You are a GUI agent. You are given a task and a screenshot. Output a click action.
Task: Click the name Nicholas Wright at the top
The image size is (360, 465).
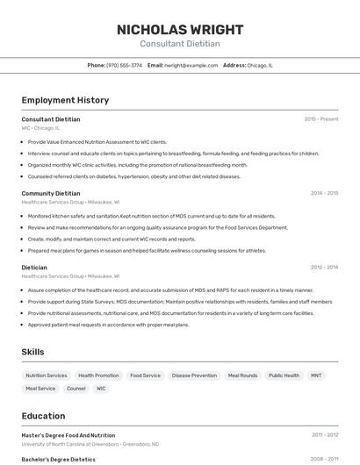[x=180, y=29]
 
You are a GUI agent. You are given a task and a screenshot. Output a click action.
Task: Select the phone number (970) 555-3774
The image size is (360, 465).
[x=124, y=65]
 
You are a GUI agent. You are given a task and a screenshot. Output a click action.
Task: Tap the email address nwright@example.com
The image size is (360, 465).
[x=191, y=65]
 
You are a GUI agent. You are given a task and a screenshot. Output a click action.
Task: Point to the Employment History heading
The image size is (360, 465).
[x=65, y=100]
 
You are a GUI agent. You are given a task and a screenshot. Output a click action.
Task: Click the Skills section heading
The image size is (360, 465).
[x=33, y=352]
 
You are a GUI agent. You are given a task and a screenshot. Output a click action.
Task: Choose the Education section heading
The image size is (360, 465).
[x=43, y=416]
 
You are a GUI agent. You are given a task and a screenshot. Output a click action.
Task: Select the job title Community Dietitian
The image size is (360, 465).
[x=51, y=193]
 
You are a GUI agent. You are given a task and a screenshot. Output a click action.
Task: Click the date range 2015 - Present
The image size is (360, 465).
[x=321, y=118]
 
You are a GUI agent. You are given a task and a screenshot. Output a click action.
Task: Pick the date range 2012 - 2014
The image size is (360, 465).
[x=324, y=267]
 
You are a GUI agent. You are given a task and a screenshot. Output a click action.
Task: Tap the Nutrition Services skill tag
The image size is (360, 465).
[x=46, y=376]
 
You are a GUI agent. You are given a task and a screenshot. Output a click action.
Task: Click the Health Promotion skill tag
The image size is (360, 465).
[x=98, y=376]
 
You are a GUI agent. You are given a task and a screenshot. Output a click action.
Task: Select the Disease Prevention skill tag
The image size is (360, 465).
[x=194, y=376]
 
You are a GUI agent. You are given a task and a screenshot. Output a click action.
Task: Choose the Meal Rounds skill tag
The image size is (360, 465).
[x=242, y=376]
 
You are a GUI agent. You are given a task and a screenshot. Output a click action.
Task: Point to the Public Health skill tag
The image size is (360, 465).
[x=284, y=376]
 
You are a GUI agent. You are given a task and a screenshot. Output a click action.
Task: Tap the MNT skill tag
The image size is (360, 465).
[x=316, y=376]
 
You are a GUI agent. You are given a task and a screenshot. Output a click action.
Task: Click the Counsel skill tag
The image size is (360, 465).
[x=76, y=388]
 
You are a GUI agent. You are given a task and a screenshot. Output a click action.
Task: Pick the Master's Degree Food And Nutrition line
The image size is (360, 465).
[x=68, y=435]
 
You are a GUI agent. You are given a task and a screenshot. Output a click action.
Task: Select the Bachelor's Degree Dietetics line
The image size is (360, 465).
[x=59, y=459]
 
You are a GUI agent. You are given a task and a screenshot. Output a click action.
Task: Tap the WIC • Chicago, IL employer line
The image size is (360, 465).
[x=42, y=128]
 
